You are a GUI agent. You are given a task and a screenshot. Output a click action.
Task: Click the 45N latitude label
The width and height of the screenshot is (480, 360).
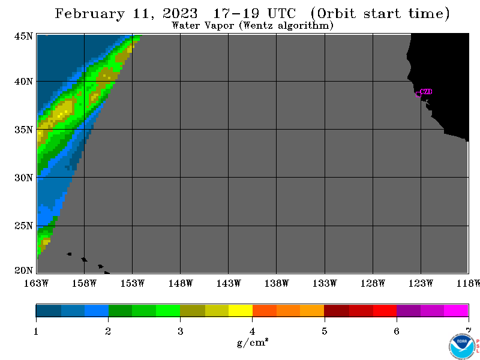(23, 36)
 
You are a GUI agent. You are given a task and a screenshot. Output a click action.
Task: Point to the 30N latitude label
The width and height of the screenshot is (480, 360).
(23, 178)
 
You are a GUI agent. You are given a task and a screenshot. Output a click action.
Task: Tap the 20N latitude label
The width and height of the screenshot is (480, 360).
(23, 271)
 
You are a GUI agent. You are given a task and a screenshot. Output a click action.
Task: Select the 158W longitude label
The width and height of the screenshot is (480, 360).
(84, 283)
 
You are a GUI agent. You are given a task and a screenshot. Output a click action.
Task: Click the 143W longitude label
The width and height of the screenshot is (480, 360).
(229, 283)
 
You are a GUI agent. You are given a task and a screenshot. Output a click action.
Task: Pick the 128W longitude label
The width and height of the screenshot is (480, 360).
(373, 283)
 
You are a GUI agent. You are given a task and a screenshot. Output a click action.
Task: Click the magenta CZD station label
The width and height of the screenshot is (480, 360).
(426, 92)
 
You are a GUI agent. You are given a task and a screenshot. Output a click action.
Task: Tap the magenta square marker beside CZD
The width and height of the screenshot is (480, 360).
(418, 94)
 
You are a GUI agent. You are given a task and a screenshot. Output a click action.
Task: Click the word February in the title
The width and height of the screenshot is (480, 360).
(89, 14)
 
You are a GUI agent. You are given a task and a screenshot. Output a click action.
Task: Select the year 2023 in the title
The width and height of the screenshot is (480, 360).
(180, 14)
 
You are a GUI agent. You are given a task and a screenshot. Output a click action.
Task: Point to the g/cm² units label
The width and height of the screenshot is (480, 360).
(253, 342)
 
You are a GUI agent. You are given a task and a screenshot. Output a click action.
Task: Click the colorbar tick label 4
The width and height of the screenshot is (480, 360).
(252, 331)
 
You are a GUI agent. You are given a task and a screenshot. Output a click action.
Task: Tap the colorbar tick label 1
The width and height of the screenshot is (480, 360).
(36, 331)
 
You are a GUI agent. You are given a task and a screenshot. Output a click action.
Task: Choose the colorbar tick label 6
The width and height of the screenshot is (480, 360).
(397, 331)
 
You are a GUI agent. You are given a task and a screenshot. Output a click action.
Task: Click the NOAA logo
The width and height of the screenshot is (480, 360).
(461, 347)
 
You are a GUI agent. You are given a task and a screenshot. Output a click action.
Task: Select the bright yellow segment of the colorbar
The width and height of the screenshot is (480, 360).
(241, 310)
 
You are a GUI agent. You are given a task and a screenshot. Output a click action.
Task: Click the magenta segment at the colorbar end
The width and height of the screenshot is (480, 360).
(456, 310)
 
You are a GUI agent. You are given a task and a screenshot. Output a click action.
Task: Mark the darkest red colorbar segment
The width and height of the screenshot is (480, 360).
(337, 310)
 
